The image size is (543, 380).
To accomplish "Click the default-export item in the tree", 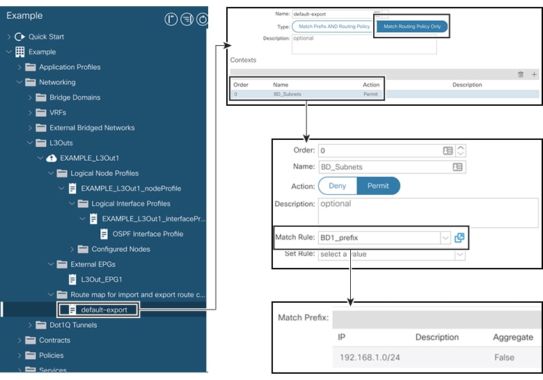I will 104,310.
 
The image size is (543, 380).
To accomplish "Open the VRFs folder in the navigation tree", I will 58,113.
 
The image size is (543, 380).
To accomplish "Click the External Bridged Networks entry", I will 92,128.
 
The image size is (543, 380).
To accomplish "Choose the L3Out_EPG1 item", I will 102,279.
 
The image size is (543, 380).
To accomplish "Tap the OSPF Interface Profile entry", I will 148,234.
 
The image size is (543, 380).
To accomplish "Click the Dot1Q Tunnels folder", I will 73,325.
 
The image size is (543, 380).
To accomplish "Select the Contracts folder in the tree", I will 54,340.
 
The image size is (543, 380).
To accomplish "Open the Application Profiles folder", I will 70,67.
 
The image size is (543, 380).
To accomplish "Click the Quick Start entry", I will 46,36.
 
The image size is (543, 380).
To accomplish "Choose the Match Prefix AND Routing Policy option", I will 334,26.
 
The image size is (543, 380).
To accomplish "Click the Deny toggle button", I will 338,186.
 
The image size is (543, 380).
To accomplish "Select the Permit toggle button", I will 378,186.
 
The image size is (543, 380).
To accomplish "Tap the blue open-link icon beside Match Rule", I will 459,237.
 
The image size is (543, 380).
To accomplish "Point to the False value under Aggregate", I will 504,357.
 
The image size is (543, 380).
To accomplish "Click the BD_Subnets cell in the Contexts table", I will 287,94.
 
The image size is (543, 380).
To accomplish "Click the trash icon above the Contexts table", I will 521,74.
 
